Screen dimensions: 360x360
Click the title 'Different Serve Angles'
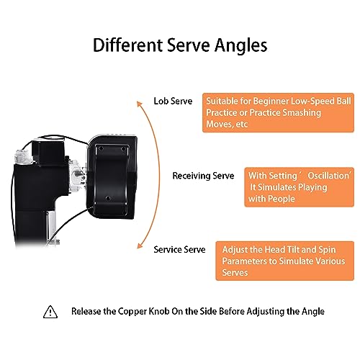coord(180,45)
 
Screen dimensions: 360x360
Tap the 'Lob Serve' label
coord(173,101)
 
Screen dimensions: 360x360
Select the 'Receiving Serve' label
coord(203,176)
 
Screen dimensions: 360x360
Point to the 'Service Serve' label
coord(179,250)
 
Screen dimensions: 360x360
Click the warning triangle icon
coord(50,312)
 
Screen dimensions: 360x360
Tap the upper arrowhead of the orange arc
coord(139,104)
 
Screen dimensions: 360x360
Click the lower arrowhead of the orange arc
coord(140,246)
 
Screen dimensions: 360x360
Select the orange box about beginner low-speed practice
coord(278,112)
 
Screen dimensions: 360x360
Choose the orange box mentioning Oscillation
coord(300,187)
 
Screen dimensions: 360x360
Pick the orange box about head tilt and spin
coord(285,261)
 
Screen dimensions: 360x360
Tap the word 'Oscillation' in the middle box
coord(328,176)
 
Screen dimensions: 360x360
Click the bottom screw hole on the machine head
coord(108,198)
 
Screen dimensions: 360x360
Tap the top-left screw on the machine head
coord(101,148)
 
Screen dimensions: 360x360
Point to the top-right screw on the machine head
coord(123,149)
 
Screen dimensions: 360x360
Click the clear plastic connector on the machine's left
coord(23,156)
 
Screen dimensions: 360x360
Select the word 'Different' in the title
coord(127,45)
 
